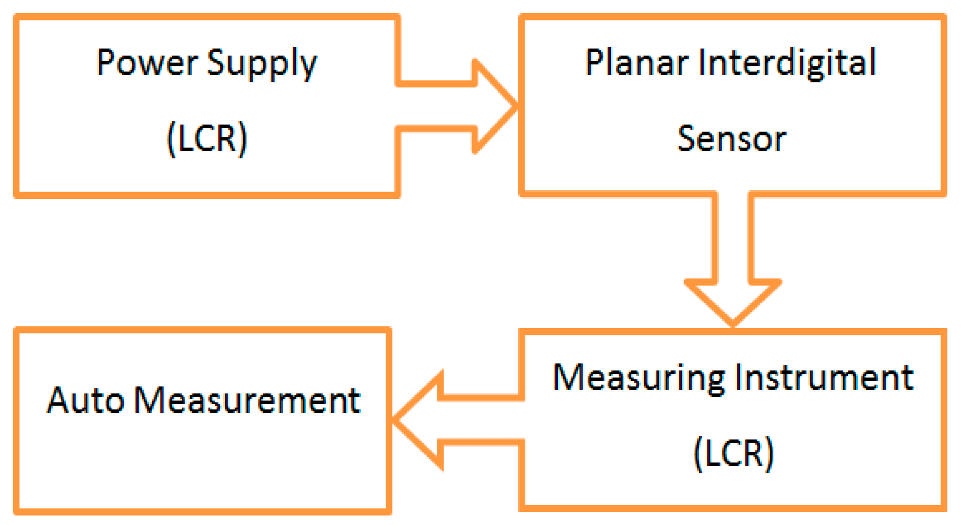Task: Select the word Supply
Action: pyautogui.click(x=262, y=65)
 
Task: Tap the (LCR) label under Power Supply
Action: pyautogui.click(x=207, y=139)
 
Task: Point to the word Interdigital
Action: pyautogui.click(x=787, y=64)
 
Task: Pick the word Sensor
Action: pyautogui.click(x=731, y=139)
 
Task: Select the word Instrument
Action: pyautogui.click(x=824, y=377)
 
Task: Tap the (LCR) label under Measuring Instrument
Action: pyautogui.click(x=734, y=453)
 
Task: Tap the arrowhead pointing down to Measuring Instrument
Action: pyautogui.click(x=733, y=302)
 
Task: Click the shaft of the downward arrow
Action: pyautogui.click(x=733, y=239)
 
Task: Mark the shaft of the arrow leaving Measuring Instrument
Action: pyautogui.click(x=483, y=420)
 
